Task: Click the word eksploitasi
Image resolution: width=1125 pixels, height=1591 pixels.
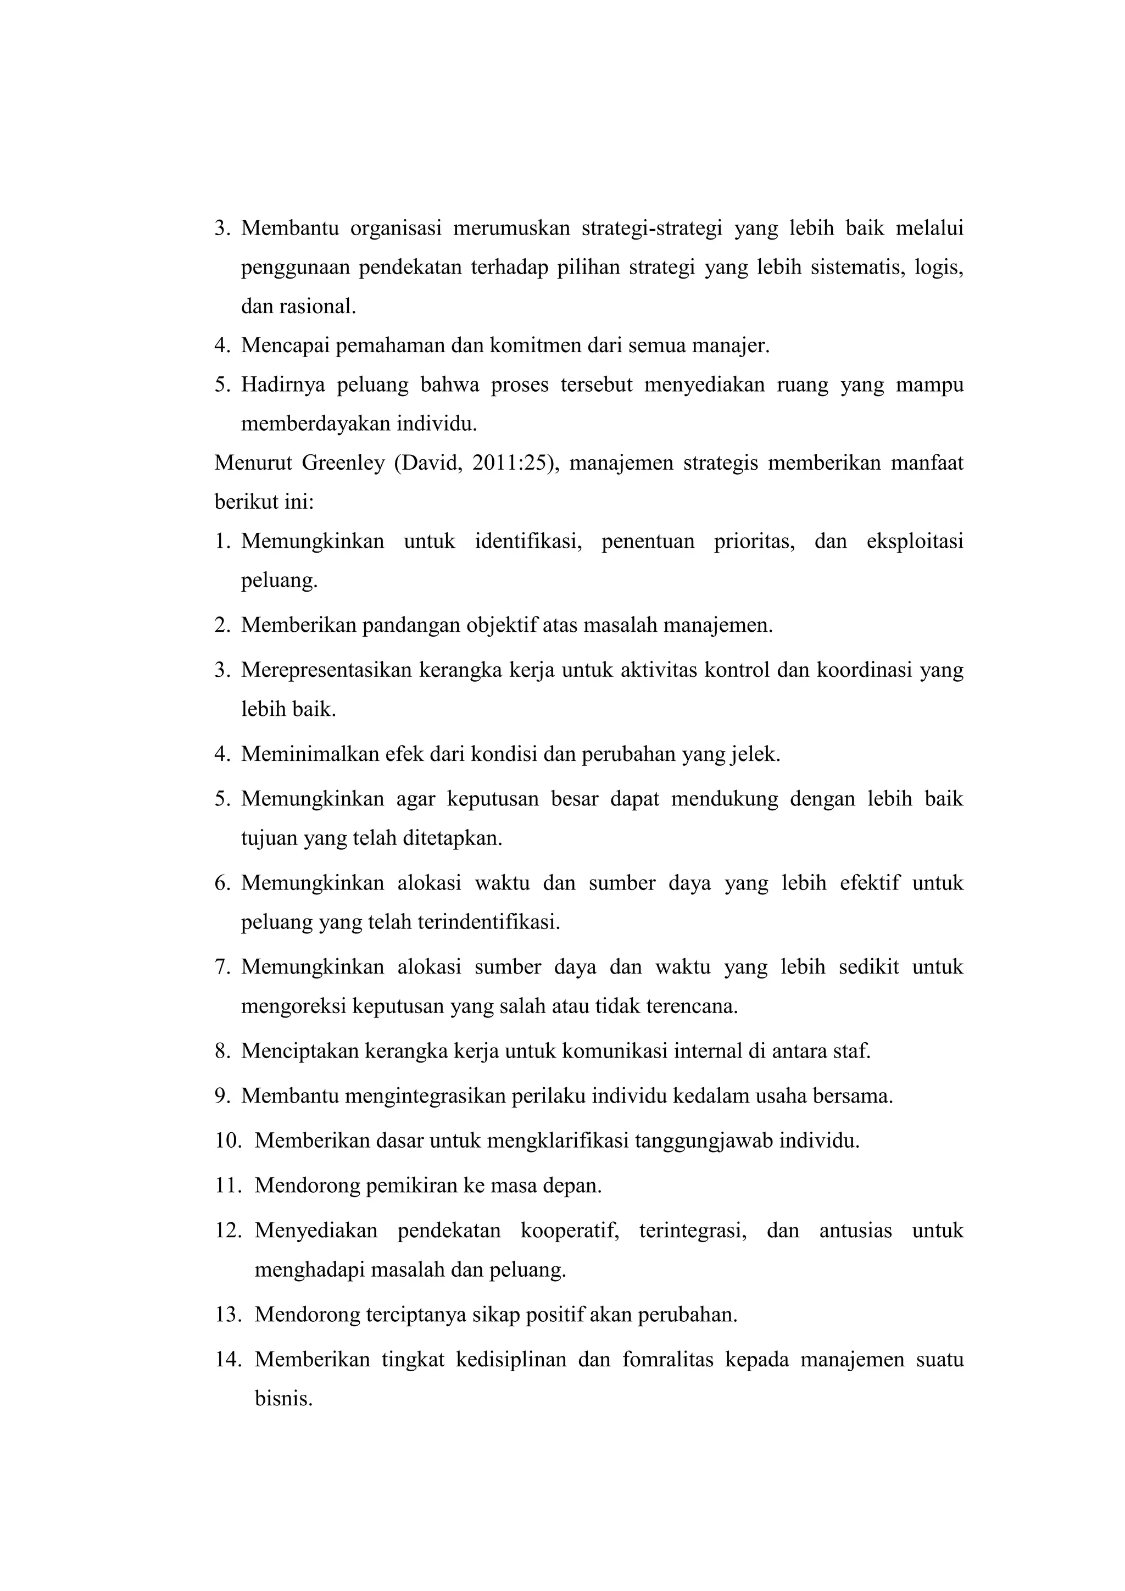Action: pos(915,541)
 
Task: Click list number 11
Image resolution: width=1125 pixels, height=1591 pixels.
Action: pos(227,1186)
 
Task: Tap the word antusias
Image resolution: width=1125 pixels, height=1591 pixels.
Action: pos(855,1231)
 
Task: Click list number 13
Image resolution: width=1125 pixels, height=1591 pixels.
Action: pos(227,1315)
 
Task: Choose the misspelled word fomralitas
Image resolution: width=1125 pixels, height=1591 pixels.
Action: pos(668,1360)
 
